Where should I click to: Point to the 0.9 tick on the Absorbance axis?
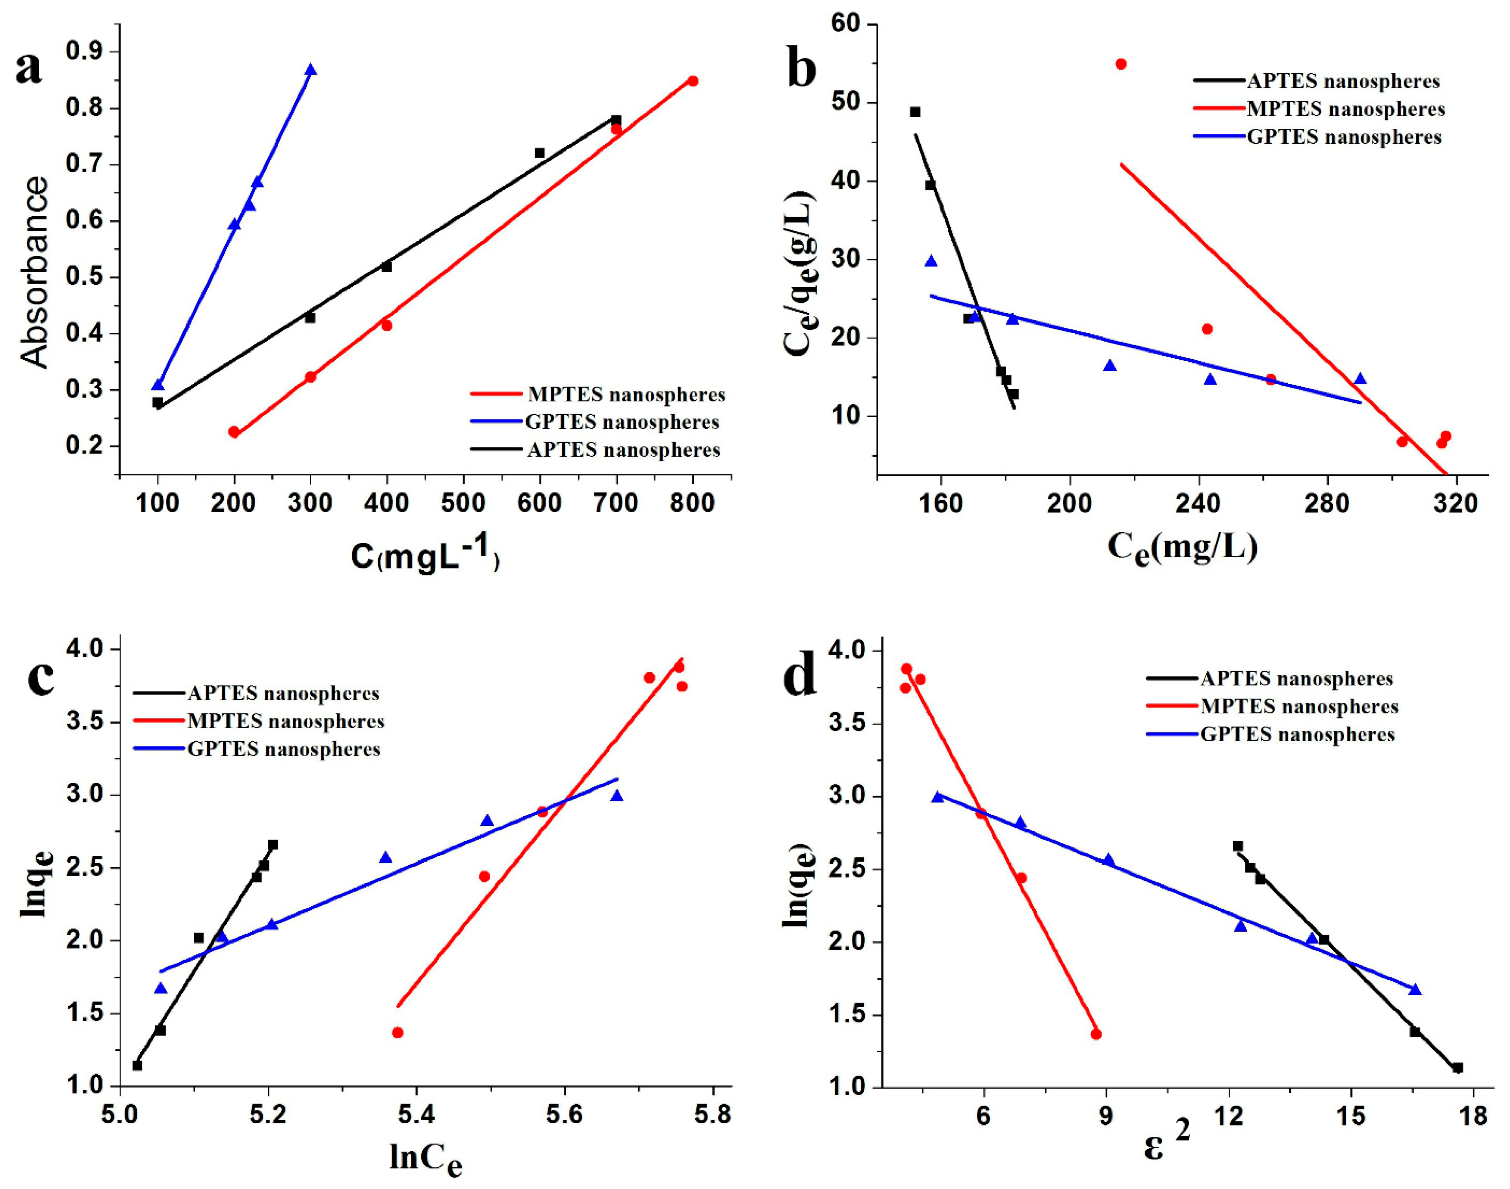click(x=84, y=52)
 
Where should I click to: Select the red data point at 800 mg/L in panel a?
click(x=693, y=81)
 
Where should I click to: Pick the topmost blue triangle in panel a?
click(x=310, y=70)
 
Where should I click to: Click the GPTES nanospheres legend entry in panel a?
click(x=623, y=422)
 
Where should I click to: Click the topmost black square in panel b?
click(x=916, y=112)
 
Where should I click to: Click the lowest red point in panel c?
click(x=397, y=1032)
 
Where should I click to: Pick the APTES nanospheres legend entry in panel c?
click(x=282, y=693)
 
